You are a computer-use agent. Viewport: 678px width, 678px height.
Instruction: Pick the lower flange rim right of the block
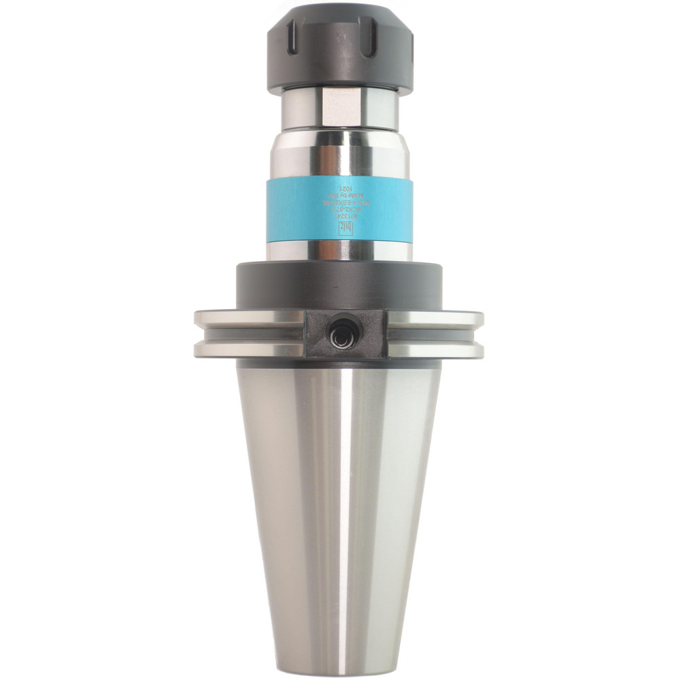[435, 350]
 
